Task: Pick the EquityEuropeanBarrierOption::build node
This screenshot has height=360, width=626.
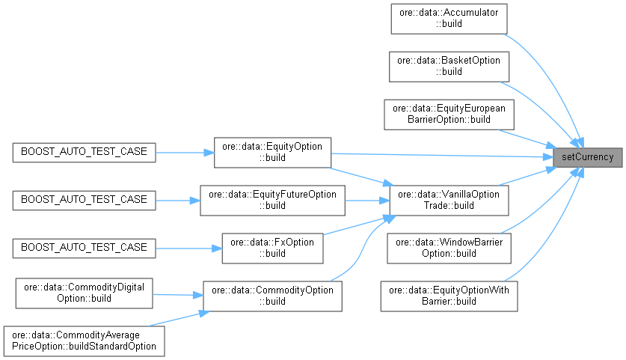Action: point(449,113)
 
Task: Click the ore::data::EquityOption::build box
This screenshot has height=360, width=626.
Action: point(272,152)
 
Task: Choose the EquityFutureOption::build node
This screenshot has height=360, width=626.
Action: point(271,200)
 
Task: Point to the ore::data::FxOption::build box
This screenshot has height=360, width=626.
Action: point(272,248)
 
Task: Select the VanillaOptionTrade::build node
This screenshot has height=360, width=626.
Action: point(449,200)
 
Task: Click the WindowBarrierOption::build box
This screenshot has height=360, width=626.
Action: point(449,248)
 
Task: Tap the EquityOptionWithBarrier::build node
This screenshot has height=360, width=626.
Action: point(449,296)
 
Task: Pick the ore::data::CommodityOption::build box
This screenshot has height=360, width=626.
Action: point(272,296)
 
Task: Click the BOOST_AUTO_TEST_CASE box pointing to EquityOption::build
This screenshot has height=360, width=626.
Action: point(85,152)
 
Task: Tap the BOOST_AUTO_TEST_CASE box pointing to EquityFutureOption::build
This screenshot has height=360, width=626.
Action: point(85,200)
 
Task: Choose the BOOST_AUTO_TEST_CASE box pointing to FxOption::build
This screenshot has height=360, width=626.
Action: point(85,248)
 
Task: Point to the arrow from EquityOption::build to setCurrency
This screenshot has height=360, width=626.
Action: point(441,155)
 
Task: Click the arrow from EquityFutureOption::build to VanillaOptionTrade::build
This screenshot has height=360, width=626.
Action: point(366,200)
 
